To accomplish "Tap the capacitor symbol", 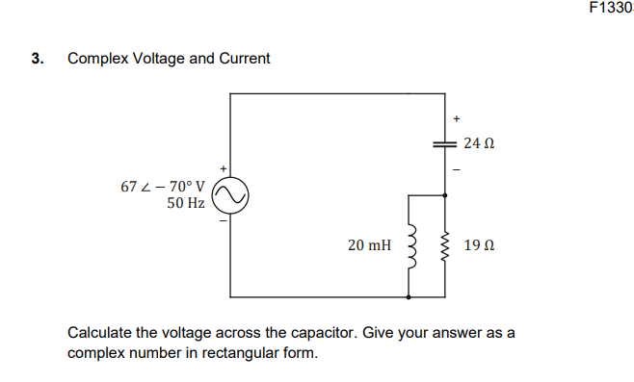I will pyautogui.click(x=444, y=142).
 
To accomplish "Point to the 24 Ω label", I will pyautogui.click(x=478, y=143).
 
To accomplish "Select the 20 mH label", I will pyautogui.click(x=369, y=245).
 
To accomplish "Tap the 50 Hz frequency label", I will pyautogui.click(x=185, y=203).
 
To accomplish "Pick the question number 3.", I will pyautogui.click(x=37, y=59).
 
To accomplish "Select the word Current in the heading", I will pyautogui.click(x=245, y=59).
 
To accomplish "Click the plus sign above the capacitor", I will pyautogui.click(x=457, y=119).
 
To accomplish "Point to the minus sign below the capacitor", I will pyautogui.click(x=457, y=169).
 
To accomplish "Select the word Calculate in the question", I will pyautogui.click(x=99, y=333).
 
